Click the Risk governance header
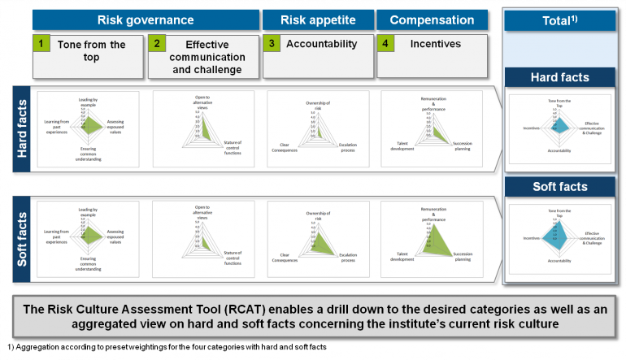click(146, 20)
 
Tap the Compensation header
click(431, 20)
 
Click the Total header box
click(561, 20)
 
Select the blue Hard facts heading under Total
click(561, 78)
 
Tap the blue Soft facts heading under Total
click(561, 187)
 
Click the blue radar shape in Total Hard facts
click(559, 125)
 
